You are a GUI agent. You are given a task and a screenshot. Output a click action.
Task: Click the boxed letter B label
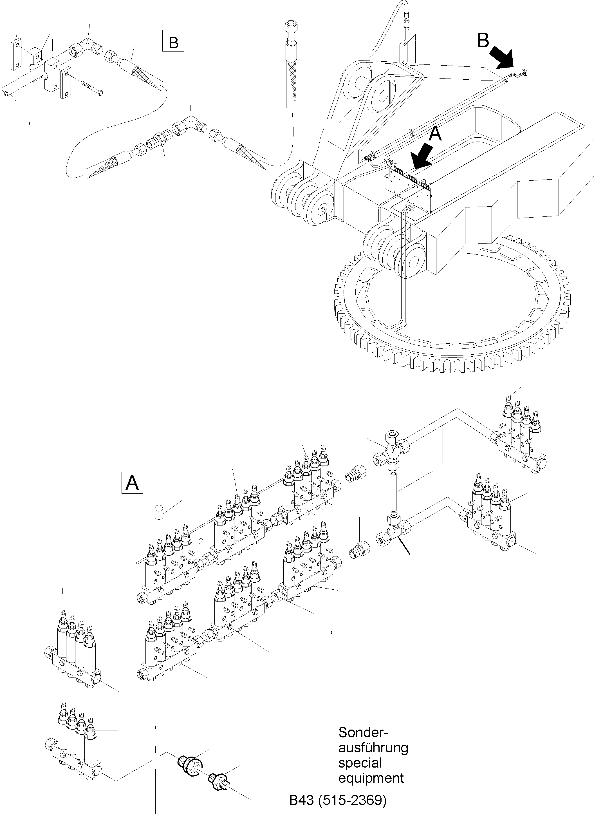[173, 42]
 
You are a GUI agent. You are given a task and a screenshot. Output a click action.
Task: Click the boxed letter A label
[132, 483]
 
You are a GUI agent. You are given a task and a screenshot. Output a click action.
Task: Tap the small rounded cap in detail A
[159, 511]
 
